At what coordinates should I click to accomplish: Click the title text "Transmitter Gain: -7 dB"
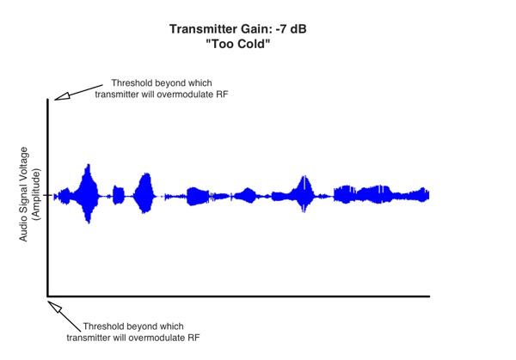pos(239,29)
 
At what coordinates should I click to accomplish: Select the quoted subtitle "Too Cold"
pos(239,44)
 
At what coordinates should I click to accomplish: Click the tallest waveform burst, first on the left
pos(88,194)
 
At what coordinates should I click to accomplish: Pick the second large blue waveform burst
pos(144,194)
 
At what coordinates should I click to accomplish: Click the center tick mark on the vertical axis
pos(49,196)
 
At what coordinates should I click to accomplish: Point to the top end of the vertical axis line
pos(48,101)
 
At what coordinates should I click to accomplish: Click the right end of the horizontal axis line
pos(428,296)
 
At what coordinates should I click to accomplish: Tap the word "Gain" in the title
pos(249,29)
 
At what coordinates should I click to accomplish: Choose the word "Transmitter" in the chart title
pos(202,29)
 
